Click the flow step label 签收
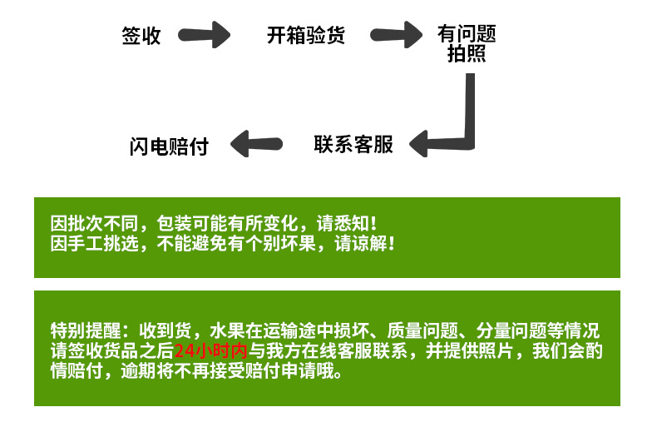point(141,37)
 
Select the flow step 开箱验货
point(305,36)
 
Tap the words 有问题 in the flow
point(467,34)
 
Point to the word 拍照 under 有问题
point(467,55)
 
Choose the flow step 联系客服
point(353,144)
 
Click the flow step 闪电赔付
point(169,146)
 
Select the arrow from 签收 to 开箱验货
point(207,36)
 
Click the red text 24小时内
point(211,350)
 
